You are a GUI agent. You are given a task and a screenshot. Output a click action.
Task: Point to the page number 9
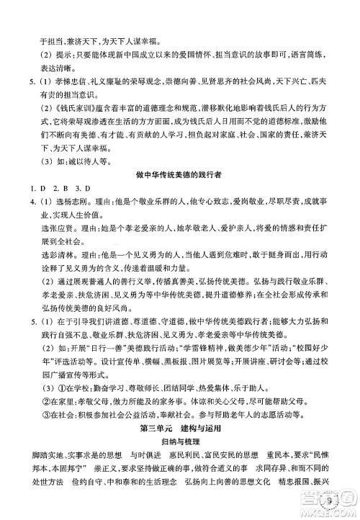coord(328,496)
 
